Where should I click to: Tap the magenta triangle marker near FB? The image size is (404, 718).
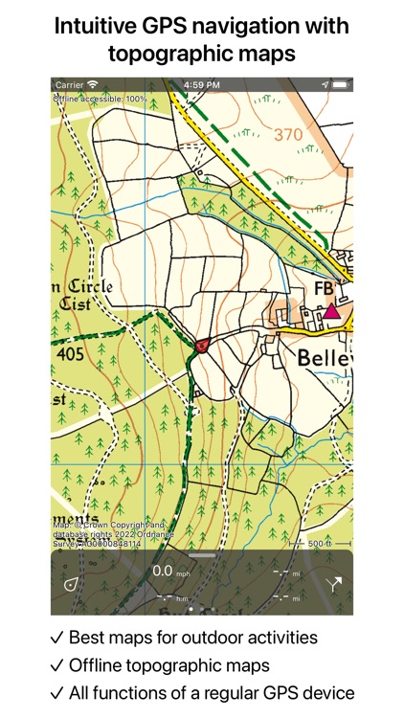pyautogui.click(x=331, y=310)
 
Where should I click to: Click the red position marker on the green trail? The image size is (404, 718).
pyautogui.click(x=201, y=346)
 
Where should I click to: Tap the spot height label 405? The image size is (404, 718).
pyautogui.click(x=69, y=354)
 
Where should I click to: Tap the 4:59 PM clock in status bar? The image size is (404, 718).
pyautogui.click(x=201, y=85)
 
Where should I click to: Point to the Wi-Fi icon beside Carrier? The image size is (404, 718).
pyautogui.click(x=92, y=85)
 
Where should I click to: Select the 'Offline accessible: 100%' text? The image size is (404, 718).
pyautogui.click(x=101, y=98)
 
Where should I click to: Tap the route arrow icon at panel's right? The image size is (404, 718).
pyautogui.click(x=334, y=584)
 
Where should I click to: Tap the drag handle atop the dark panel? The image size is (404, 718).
pyautogui.click(x=202, y=555)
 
